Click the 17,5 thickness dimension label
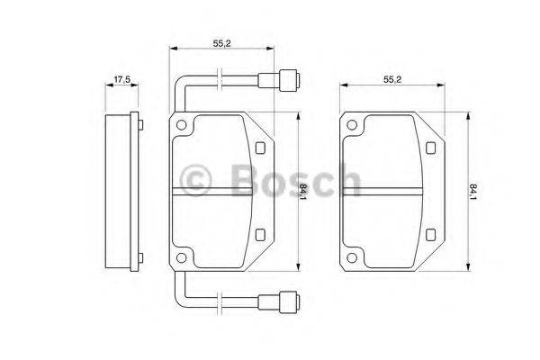[x=121, y=79]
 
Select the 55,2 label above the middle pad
[x=221, y=43]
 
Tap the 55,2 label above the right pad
[x=392, y=79]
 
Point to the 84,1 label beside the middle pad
[x=303, y=191]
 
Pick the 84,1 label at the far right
[x=473, y=193]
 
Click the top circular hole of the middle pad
[x=181, y=125]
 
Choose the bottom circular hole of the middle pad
[x=181, y=257]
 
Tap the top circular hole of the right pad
[x=352, y=125]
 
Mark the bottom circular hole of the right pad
[x=352, y=257]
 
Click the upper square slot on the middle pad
[x=260, y=148]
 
